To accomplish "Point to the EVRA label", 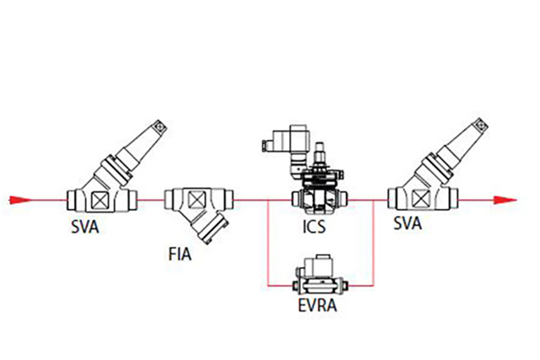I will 318,305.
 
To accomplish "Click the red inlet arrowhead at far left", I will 20,200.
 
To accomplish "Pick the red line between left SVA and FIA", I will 152,200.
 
